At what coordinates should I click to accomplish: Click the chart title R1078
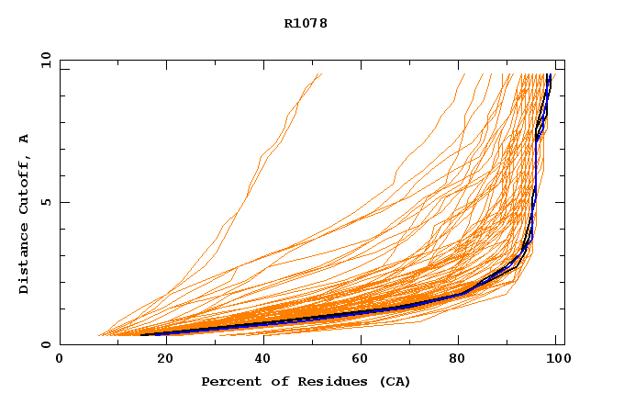coord(306,24)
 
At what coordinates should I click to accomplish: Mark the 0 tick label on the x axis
coord(60,359)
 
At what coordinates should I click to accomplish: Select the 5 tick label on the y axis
coord(44,202)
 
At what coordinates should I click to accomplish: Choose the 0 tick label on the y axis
coord(44,344)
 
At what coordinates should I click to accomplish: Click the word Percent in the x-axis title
coord(227,382)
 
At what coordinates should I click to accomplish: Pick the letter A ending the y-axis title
coord(25,139)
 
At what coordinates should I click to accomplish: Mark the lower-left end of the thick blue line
coord(142,334)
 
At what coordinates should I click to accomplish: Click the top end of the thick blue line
coord(549,74)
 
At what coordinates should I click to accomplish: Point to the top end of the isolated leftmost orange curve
coord(321,74)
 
